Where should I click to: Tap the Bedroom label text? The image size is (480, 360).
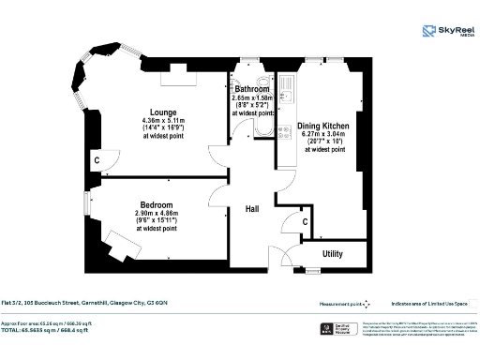[157, 204]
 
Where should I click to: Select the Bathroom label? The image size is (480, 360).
[252, 89]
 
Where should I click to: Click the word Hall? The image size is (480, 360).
[252, 209]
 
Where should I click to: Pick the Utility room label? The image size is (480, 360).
[332, 253]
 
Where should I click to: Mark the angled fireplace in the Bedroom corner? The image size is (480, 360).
[120, 248]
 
